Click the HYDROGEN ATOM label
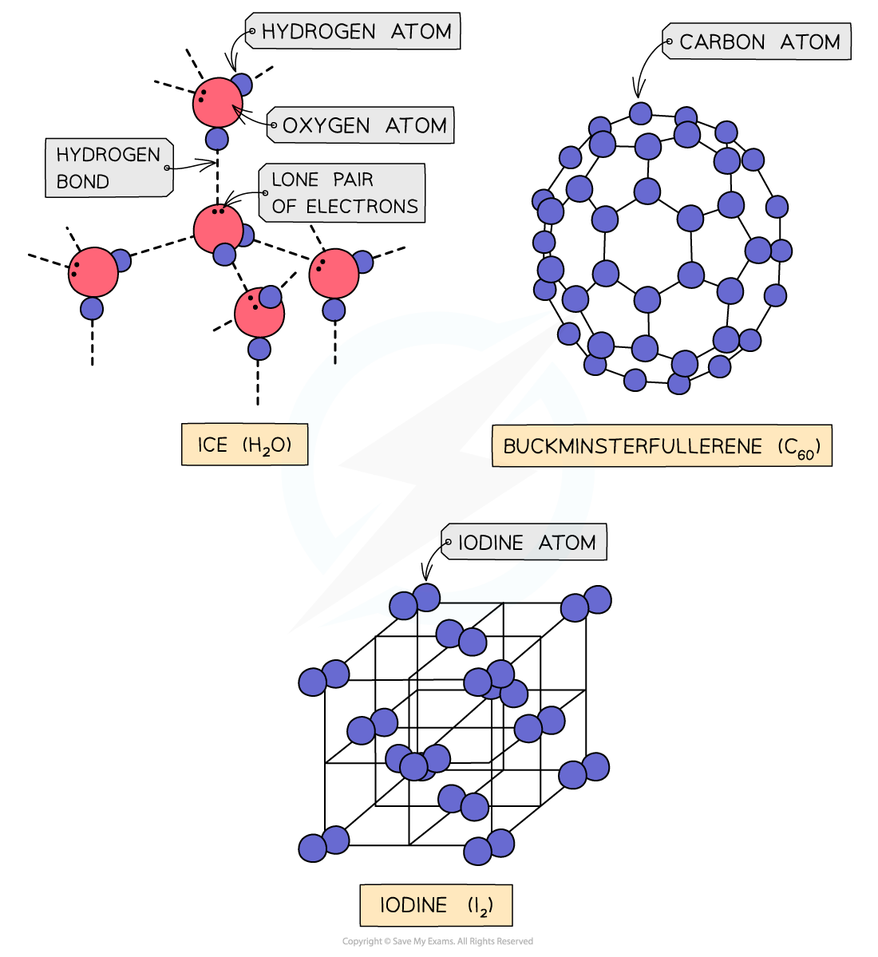355,32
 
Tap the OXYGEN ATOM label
363,126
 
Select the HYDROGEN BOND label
109,168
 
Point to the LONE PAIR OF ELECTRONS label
344,193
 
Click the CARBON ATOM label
759,42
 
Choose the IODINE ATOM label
526,543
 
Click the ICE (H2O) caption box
245,445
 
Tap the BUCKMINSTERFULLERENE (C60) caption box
662,446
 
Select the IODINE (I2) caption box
436,905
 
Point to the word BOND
82,182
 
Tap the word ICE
212,445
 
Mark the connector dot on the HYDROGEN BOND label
167,168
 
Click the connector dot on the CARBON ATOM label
669,42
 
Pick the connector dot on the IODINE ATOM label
448,544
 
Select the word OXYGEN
326,126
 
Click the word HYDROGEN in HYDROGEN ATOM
318,32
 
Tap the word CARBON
722,42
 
